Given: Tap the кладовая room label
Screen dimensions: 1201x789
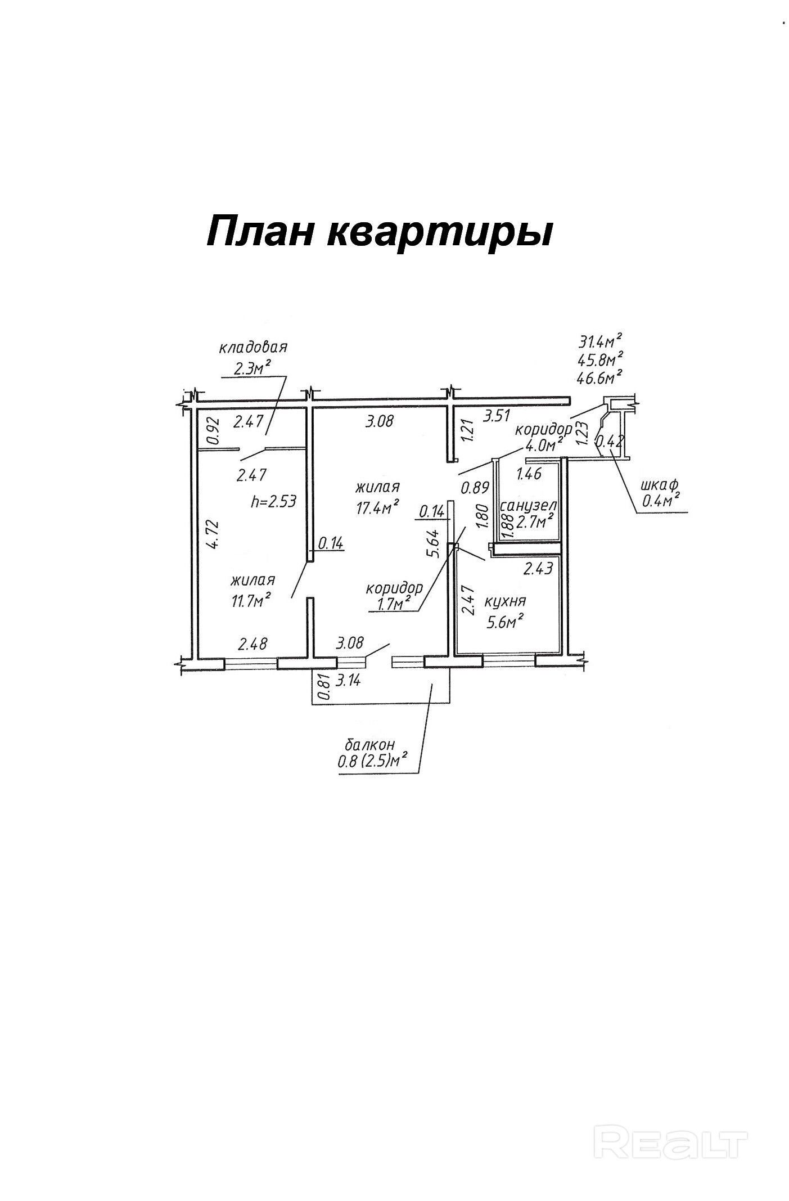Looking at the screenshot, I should (253, 347).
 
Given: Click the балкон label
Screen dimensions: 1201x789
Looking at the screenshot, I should (369, 745).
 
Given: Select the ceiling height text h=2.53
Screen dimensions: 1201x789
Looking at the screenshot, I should (273, 501).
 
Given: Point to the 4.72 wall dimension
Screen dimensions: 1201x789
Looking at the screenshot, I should (211, 534).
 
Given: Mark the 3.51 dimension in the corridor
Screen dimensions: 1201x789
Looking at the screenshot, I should (497, 416).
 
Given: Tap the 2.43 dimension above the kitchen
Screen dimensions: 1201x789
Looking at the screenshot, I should (539, 568).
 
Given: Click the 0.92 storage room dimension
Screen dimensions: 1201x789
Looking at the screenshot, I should (212, 431).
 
